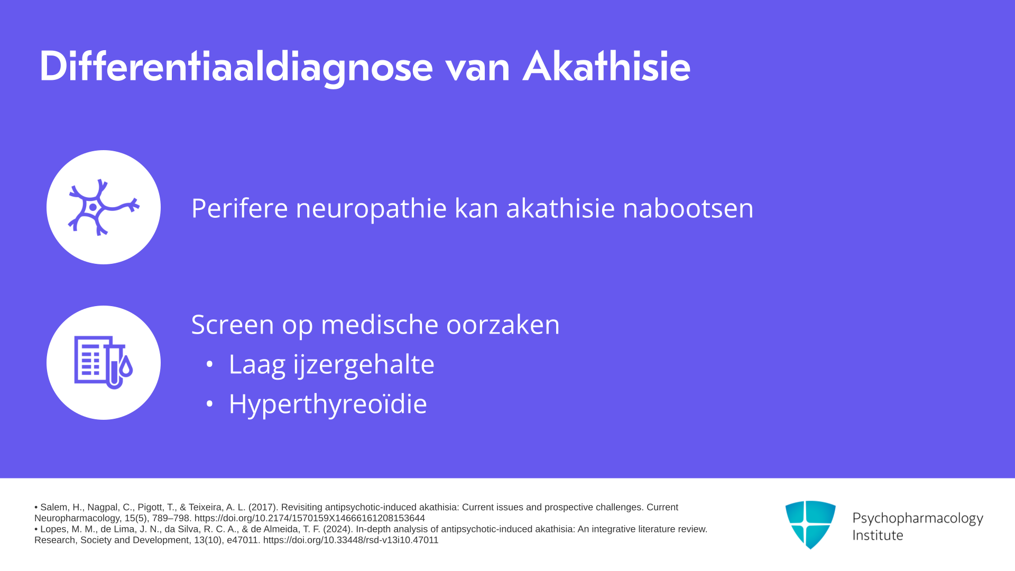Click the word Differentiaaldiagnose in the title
click(236, 67)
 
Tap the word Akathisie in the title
click(606, 66)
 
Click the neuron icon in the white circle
click(104, 207)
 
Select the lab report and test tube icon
click(104, 363)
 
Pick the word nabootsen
click(688, 208)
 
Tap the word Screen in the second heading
click(233, 324)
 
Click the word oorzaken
click(503, 325)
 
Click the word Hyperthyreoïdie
click(328, 404)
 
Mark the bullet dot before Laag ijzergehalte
click(210, 364)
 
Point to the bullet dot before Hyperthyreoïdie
click(210, 404)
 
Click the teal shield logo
click(810, 524)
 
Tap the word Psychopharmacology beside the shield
click(918, 519)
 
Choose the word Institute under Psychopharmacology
click(878, 536)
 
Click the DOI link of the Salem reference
click(310, 518)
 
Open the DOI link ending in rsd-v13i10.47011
click(351, 540)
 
